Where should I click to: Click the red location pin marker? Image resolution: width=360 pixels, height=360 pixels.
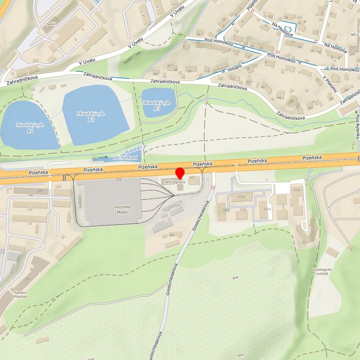coord(180,174)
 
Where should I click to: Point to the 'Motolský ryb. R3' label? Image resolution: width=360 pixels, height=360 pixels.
coord(157,105)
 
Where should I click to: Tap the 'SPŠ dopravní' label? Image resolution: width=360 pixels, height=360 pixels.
coord(175,182)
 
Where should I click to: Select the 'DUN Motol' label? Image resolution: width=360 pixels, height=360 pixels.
coord(125,158)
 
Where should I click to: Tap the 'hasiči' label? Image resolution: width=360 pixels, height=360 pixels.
coord(49,24)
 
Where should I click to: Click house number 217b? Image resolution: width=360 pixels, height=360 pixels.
coord(241,197)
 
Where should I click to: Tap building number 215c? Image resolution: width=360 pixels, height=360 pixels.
coord(298,190)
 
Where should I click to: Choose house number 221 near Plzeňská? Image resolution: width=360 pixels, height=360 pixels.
coord(40,191)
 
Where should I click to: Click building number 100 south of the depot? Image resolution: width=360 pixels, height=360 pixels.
coord(172,234)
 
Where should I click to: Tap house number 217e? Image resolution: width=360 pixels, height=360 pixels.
coord(267,209)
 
